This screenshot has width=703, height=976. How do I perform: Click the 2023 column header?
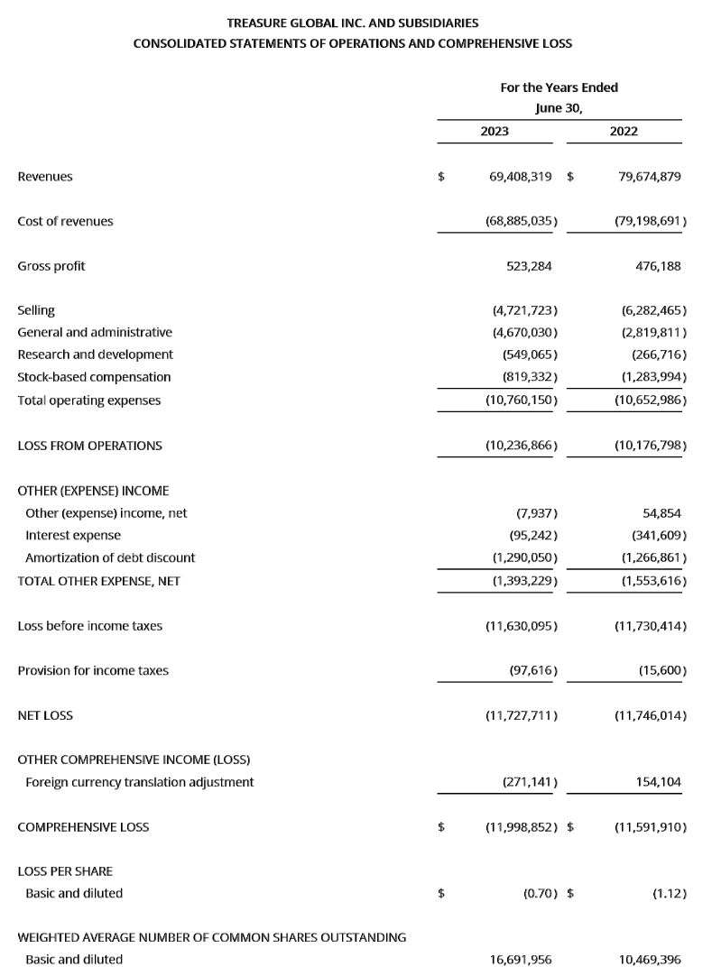pos(495,131)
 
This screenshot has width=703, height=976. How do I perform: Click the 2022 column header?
pos(624,131)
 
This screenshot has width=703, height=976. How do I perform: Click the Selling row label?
pos(36,310)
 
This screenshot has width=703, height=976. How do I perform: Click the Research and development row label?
pos(95,354)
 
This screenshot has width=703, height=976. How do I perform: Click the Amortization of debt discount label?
pos(110,557)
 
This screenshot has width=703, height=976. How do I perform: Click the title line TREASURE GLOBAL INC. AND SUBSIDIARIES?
pos(352,22)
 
